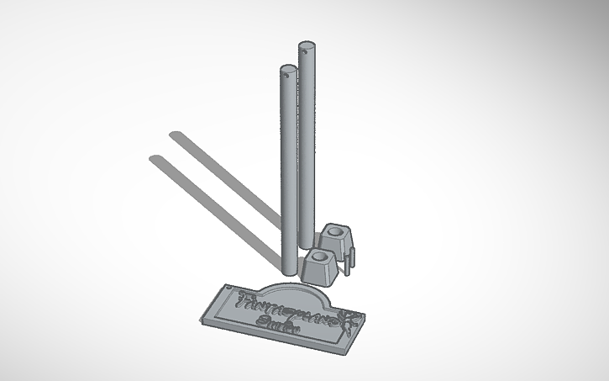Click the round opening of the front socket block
pos(320,254)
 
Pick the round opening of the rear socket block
pos(337,228)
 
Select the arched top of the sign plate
pos(302,286)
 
